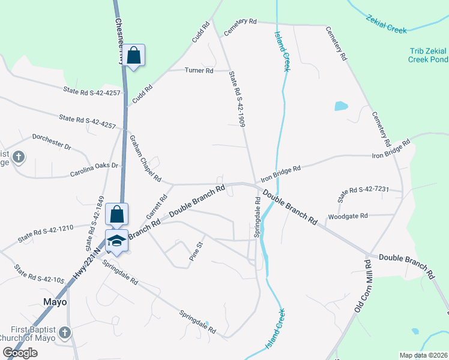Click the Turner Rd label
coord(199,71)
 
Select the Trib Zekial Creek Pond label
coord(427,55)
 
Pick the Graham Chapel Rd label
coord(145,158)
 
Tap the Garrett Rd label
coord(158,206)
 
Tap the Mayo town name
coord(55,302)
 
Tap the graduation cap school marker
coord(116,241)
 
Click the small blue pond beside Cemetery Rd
coord(341,106)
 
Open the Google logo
coord(20,353)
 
